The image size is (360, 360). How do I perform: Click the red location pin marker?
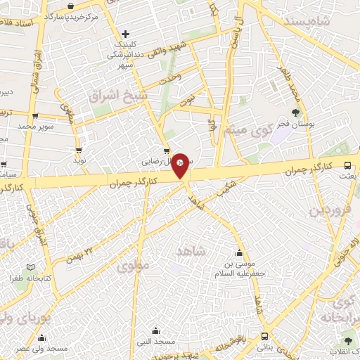pyautogui.click(x=181, y=165)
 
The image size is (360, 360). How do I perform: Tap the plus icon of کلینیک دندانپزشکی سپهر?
pyautogui.click(x=125, y=33)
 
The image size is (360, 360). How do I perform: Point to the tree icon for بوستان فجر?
pyautogui.click(x=296, y=113)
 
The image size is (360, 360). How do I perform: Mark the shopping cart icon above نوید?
pyautogui.click(x=79, y=150)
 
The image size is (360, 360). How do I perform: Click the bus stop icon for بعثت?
pyautogui.click(x=348, y=165)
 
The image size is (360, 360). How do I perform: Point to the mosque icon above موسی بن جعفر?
pyautogui.click(x=240, y=254)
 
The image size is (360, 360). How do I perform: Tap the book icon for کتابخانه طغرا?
pyautogui.click(x=30, y=267)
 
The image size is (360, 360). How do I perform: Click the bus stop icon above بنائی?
pyautogui.click(x=265, y=336)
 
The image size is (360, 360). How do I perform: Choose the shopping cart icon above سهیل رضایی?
pyautogui.click(x=167, y=150)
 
